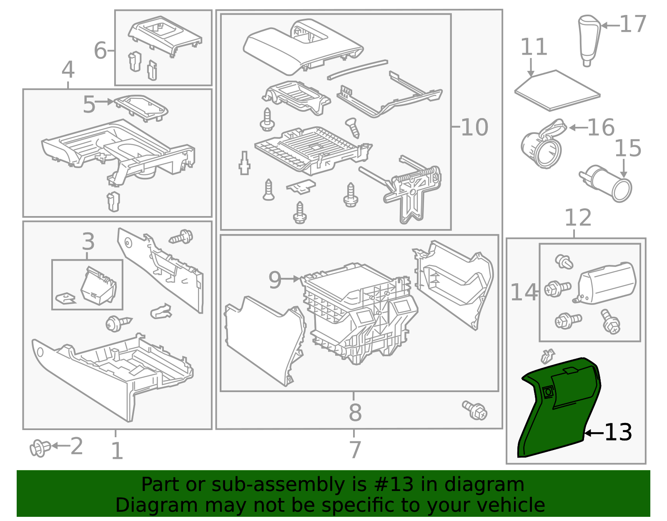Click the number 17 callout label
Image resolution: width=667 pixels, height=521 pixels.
click(x=633, y=24)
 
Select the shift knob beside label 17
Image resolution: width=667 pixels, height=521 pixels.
click(x=589, y=40)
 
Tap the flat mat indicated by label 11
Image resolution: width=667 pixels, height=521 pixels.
click(x=557, y=91)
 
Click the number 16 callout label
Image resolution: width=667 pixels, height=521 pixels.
click(x=601, y=127)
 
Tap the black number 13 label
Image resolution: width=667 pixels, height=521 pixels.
click(x=618, y=432)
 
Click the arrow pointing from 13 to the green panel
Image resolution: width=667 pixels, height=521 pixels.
click(x=594, y=433)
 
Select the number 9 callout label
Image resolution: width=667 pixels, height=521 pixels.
click(x=275, y=280)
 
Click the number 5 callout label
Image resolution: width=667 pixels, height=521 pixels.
click(x=89, y=104)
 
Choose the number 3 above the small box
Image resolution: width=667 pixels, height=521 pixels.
click(x=88, y=241)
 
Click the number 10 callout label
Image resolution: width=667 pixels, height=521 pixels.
click(x=474, y=127)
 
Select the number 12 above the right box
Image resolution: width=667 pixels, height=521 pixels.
click(x=578, y=217)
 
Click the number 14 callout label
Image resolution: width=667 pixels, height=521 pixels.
click(x=524, y=292)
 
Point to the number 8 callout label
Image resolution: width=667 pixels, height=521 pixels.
click(x=355, y=412)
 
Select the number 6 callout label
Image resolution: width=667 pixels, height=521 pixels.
click(x=100, y=50)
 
